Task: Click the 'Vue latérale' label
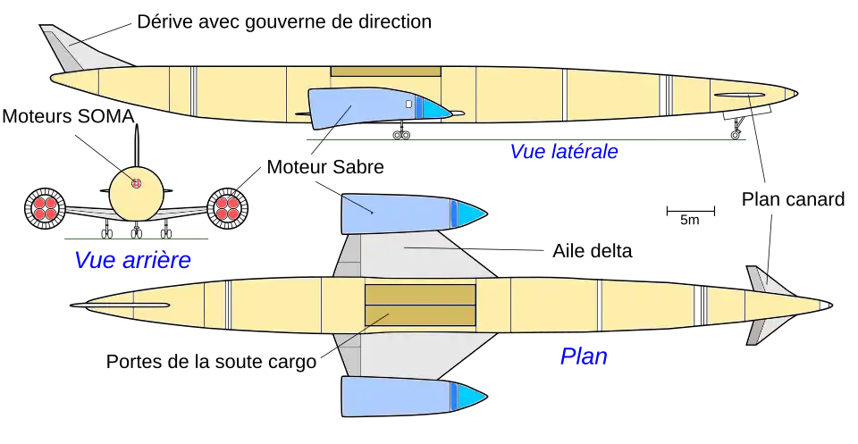tap(564, 153)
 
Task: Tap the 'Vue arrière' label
tap(135, 262)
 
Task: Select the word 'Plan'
tap(583, 356)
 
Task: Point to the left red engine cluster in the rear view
tap(46, 208)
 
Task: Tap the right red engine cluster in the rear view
tap(227, 208)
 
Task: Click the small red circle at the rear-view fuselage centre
tap(137, 184)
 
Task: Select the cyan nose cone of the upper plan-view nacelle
tap(471, 214)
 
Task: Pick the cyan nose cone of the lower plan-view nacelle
tap(471, 395)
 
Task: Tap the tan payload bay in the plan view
tap(418, 305)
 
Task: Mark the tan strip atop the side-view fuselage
tap(385, 71)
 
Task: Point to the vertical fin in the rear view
tap(137, 147)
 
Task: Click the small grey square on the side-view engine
tap(408, 105)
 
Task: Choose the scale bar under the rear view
tap(139, 239)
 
